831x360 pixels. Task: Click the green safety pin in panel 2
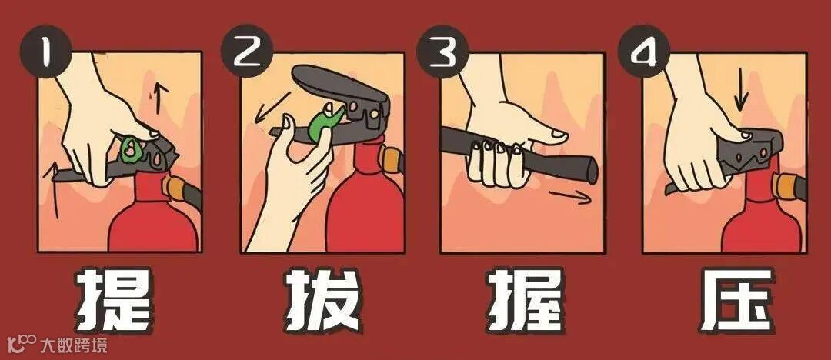coord(323,124)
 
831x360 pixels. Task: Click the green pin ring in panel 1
coord(129,148)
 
